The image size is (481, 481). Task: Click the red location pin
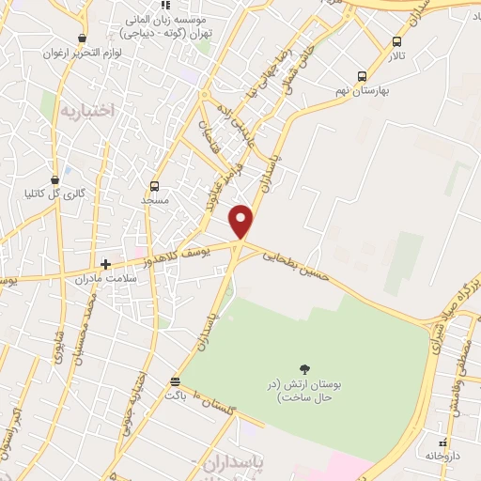click(242, 220)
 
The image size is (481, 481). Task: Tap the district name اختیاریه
click(87, 111)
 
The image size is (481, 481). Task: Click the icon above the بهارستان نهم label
click(363, 77)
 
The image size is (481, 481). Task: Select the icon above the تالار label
click(396, 41)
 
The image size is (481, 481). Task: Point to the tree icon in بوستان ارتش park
click(303, 368)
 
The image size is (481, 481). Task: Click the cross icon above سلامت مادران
click(106, 265)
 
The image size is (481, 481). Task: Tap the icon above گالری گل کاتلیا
click(55, 178)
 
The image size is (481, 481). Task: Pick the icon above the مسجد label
click(155, 186)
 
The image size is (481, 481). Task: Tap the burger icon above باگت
click(176, 380)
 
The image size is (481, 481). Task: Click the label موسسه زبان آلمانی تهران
click(167, 24)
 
